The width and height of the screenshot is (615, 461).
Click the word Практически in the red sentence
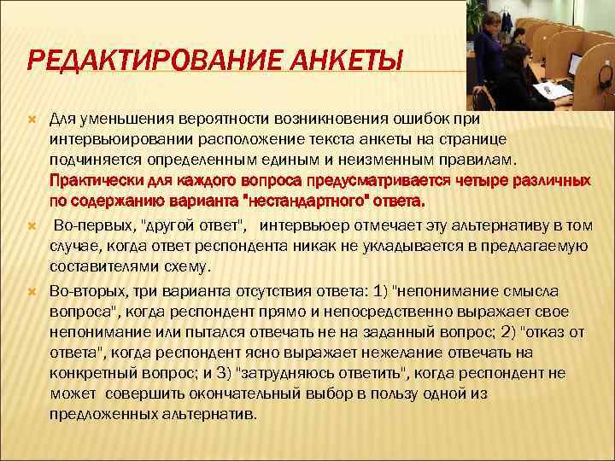tap(90, 181)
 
